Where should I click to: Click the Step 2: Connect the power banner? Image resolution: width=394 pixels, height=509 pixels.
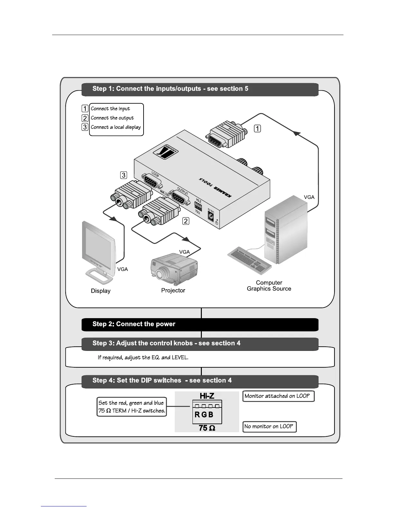click(200, 324)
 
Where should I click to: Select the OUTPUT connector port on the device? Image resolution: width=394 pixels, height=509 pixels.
click(179, 197)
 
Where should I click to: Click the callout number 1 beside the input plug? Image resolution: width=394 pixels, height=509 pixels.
click(258, 129)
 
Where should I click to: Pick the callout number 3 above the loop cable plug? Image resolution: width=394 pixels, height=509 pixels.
click(124, 175)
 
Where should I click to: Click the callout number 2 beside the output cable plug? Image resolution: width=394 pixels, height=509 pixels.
click(186, 221)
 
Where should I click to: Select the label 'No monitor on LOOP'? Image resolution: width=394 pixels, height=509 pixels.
click(269, 427)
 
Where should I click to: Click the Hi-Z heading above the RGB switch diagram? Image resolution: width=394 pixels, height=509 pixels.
click(207, 396)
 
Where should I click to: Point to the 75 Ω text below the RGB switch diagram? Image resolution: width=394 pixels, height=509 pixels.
click(207, 428)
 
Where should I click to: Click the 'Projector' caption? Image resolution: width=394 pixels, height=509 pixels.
click(173, 290)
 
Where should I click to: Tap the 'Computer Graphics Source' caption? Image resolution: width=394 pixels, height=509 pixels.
click(269, 286)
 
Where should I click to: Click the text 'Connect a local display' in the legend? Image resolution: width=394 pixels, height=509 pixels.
click(116, 127)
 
